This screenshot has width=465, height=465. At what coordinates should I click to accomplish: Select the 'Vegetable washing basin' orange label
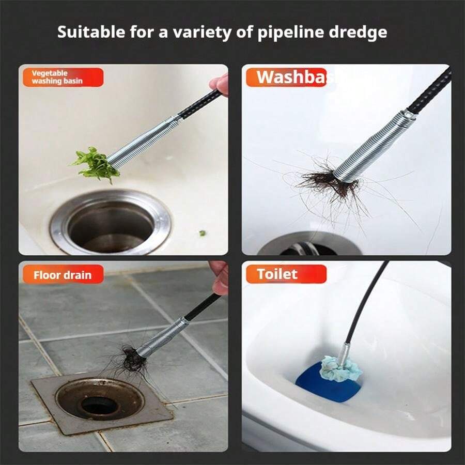(62, 78)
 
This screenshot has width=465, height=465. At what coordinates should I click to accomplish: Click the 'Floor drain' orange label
(62, 274)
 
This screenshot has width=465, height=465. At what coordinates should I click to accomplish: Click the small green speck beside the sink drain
(203, 234)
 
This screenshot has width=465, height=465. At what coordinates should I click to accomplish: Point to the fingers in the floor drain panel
(220, 276)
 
